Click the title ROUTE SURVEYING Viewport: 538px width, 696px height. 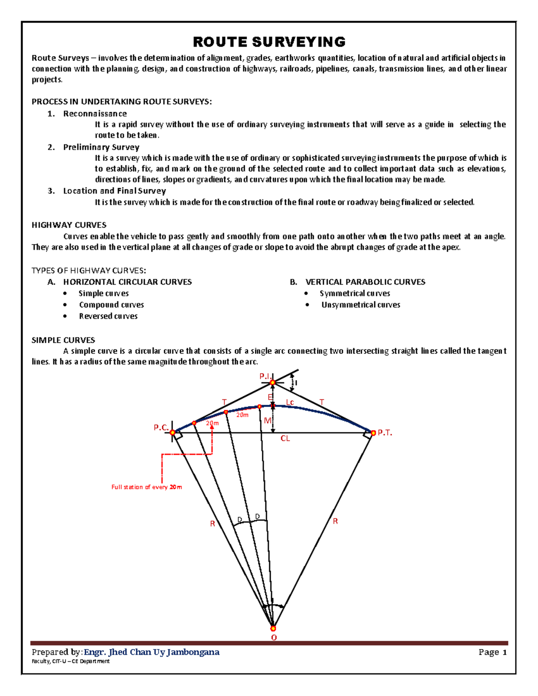tap(269, 42)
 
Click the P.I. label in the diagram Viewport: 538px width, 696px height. tap(265, 376)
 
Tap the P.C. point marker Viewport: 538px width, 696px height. tap(173, 432)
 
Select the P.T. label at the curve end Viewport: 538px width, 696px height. tap(385, 432)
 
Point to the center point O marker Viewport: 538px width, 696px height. tap(273, 628)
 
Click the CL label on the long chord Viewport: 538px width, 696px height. tap(285, 438)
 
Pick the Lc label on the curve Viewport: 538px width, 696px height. tap(290, 402)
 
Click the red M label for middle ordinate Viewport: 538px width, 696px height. tap(267, 420)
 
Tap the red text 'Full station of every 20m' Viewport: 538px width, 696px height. tap(147, 487)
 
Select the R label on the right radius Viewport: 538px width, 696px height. tap(335, 521)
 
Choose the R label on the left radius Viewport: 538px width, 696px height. tap(213, 523)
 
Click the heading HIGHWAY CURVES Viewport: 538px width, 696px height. tap(69, 225)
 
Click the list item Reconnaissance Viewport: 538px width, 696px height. tap(95, 114)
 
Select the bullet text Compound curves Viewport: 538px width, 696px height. tap(111, 305)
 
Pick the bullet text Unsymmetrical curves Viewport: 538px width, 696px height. tap(360, 305)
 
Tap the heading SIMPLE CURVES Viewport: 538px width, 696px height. tap(63, 340)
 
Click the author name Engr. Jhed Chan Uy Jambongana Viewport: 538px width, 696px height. tap(152, 652)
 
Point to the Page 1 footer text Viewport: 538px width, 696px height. tap(492, 652)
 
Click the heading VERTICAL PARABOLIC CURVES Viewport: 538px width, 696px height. tap(365, 282)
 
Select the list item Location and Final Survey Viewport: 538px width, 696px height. tap(114, 191)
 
